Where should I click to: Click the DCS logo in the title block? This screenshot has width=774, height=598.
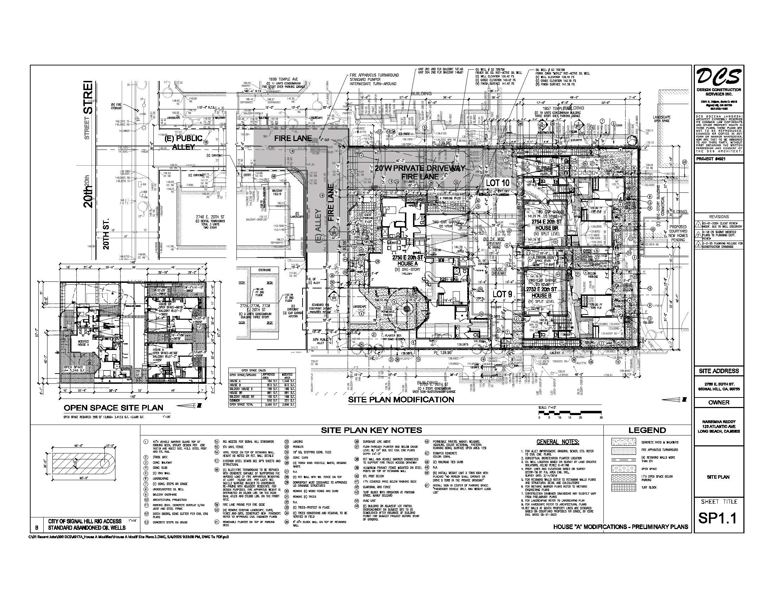click(718, 77)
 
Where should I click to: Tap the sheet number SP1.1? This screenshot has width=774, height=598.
click(718, 518)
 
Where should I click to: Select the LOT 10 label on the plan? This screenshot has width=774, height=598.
click(497, 183)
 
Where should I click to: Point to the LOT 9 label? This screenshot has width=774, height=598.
click(502, 294)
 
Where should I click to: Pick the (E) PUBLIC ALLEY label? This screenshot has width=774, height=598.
click(183, 142)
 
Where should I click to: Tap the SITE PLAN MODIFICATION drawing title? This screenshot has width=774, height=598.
click(401, 400)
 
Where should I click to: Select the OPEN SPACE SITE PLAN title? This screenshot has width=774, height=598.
click(113, 408)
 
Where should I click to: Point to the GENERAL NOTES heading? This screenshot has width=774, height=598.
click(558, 443)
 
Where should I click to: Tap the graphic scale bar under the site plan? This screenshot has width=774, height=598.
click(570, 412)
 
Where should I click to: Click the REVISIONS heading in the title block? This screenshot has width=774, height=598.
click(719, 217)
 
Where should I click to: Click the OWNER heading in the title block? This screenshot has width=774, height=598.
click(719, 402)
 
